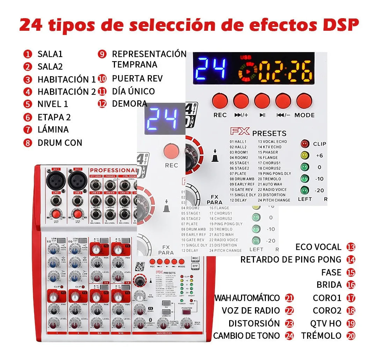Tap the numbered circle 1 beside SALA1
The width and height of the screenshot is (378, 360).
[x=28, y=54]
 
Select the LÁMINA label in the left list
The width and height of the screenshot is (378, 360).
[x=53, y=129]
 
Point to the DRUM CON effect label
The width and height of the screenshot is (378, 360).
[x=60, y=143]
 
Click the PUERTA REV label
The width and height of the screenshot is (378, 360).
[x=137, y=78]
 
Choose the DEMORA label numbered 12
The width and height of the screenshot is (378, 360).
[x=130, y=103]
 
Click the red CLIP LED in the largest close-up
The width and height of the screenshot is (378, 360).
[x=305, y=144]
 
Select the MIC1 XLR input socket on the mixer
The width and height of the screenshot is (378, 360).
[x=56, y=181]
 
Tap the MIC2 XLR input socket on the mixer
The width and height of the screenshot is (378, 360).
[x=77, y=181]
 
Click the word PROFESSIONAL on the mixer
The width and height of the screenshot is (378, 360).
[x=112, y=170]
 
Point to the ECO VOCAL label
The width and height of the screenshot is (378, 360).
[x=318, y=247]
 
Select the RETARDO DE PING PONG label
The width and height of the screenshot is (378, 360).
[x=291, y=259]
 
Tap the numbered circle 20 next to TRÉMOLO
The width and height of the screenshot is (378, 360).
[x=351, y=336]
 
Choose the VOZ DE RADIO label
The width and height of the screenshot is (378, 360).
[x=250, y=310]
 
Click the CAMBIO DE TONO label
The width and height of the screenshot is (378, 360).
[x=246, y=336]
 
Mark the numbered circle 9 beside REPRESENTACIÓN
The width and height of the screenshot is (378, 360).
[x=102, y=54]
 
